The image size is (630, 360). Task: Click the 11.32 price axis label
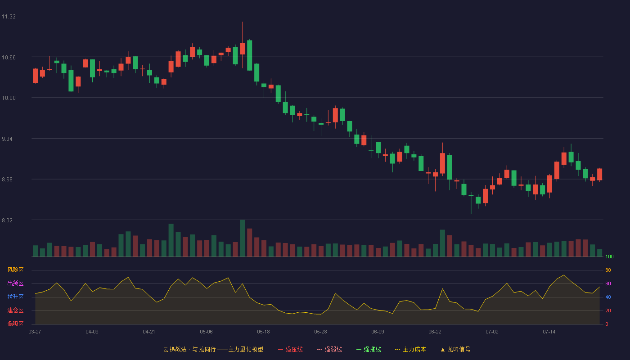(9, 17)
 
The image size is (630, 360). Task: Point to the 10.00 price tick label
(9, 98)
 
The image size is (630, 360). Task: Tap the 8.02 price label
(7, 220)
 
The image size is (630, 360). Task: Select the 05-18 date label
(263, 332)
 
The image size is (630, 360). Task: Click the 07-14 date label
(549, 332)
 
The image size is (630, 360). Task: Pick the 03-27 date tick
(35, 332)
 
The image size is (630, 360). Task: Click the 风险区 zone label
(15, 270)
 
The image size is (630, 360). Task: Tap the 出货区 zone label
(15, 283)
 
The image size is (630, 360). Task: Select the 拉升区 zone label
(15, 297)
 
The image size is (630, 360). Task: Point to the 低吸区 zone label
(15, 324)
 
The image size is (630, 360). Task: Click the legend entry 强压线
(290, 349)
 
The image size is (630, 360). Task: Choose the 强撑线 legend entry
(369, 349)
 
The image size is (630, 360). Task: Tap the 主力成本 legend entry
(410, 349)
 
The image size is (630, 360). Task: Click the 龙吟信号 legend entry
(455, 349)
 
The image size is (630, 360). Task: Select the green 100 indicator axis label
(609, 256)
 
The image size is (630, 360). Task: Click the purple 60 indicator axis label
(608, 283)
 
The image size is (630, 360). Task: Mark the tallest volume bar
(243, 238)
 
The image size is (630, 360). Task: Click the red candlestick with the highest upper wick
(243, 45)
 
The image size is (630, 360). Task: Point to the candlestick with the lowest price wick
(471, 203)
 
